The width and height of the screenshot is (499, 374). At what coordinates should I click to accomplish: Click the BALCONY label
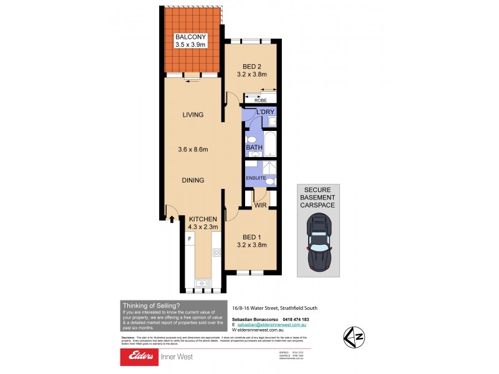coord(190,37)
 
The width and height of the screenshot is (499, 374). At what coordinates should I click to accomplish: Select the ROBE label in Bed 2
coord(260,100)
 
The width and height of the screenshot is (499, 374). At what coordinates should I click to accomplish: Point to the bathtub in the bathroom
coord(271,144)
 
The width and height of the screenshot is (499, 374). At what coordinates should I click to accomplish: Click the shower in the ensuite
coord(269,169)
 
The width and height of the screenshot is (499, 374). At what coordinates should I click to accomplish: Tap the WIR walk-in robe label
coord(261,203)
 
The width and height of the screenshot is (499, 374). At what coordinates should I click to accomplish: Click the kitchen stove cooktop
coord(217,252)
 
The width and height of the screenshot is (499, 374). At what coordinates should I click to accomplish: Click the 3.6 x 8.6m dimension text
coord(193,149)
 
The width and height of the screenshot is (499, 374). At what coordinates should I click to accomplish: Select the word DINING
coord(193,181)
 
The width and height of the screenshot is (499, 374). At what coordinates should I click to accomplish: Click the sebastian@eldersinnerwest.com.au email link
coord(271,325)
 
